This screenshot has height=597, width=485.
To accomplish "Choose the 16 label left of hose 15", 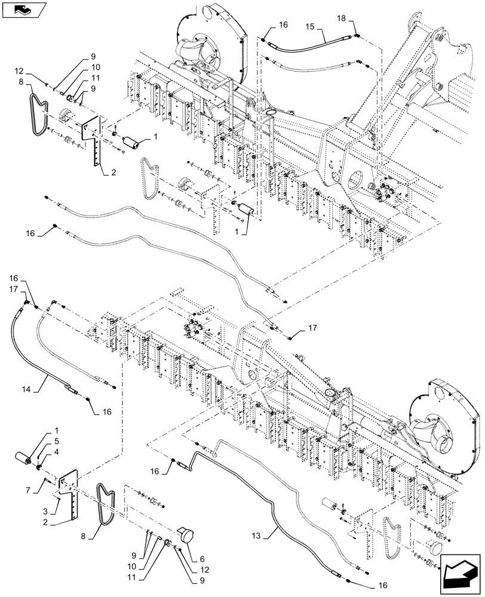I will pos(283,25).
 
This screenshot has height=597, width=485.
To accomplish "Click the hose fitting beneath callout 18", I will pos(357,36).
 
